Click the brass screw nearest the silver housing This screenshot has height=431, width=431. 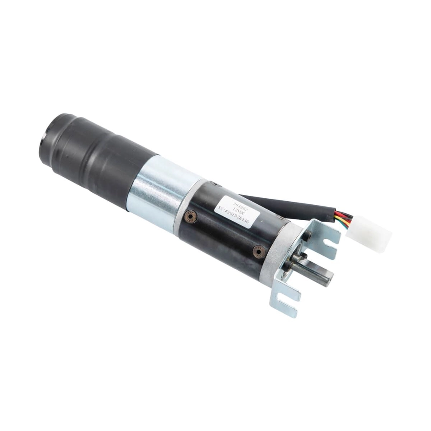pyautogui.click(x=191, y=216)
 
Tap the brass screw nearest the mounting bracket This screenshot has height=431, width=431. pyautogui.click(x=259, y=251)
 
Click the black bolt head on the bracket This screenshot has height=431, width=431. pyautogui.click(x=307, y=236)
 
